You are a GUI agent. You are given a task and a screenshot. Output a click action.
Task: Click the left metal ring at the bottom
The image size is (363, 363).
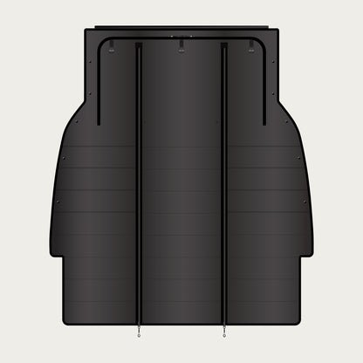click(x=138, y=332)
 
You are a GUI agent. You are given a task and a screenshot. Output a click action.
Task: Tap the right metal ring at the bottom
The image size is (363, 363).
click(x=225, y=332)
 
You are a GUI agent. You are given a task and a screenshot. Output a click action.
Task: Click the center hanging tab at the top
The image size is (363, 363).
click(x=181, y=45)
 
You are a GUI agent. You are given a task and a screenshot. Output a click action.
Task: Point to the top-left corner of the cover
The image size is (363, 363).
click(x=84, y=32)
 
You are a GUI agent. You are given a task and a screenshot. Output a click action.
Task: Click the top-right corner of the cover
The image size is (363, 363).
click(x=279, y=32)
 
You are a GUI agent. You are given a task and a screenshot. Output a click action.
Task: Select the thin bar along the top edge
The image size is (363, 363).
click(x=181, y=27)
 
